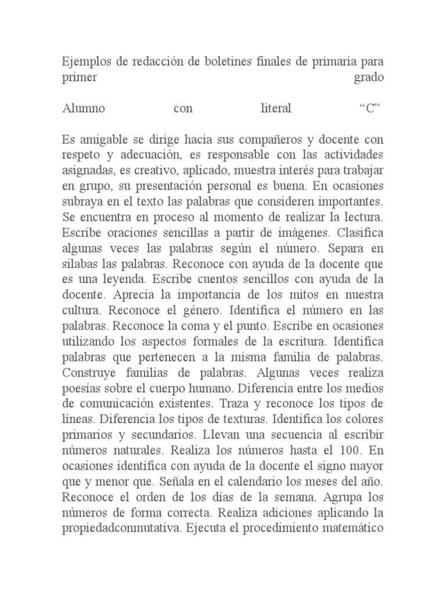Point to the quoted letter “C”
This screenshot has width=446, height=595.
click(x=369, y=109)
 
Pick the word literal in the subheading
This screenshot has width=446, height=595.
click(x=275, y=109)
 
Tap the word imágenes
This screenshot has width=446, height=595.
click(x=267, y=234)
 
